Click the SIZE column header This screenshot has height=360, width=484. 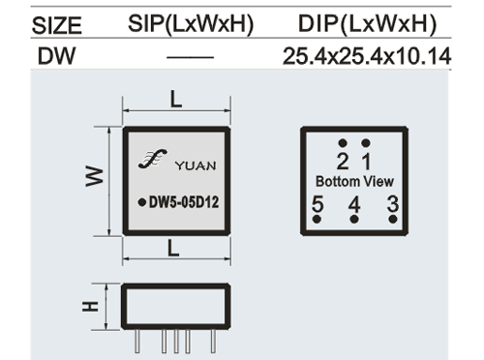click(x=57, y=26)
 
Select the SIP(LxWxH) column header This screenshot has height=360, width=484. click(x=191, y=24)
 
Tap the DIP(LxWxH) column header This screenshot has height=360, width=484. click(x=367, y=24)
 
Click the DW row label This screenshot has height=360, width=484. click(x=56, y=56)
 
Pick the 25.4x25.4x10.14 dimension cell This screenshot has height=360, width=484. click(x=367, y=56)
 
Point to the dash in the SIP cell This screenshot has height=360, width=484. click(x=190, y=57)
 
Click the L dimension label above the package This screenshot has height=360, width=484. click(x=176, y=99)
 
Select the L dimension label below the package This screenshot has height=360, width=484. click(x=173, y=249)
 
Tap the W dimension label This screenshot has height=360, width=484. click(x=95, y=176)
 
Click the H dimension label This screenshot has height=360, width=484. click(x=90, y=306)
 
